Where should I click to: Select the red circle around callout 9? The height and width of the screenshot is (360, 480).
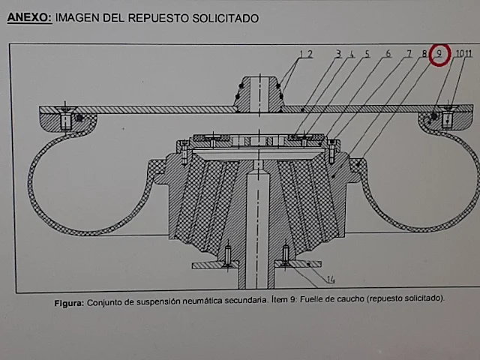(x=439, y=54)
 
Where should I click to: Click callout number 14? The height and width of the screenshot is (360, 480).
(x=330, y=280)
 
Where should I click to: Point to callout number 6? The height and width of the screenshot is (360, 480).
(x=388, y=54)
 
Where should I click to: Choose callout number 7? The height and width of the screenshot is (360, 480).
(x=409, y=54)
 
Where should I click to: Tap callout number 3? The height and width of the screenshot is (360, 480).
(x=338, y=54)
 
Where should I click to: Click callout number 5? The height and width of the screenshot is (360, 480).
(x=367, y=54)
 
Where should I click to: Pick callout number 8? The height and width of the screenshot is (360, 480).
(x=424, y=54)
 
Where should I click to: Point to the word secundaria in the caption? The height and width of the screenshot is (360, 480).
(x=241, y=302)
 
